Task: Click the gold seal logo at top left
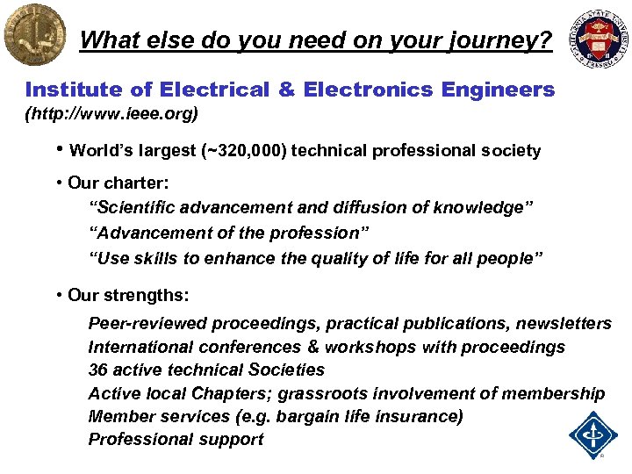click(x=34, y=35)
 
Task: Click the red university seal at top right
click(x=601, y=38)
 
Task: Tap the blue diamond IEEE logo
click(x=593, y=434)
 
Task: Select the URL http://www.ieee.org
click(x=112, y=113)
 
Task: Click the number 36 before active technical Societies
click(x=98, y=370)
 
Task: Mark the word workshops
click(x=375, y=348)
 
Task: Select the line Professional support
click(x=176, y=439)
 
